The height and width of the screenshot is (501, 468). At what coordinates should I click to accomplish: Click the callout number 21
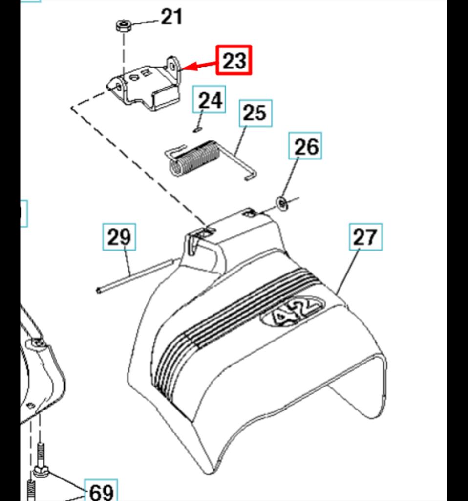pos(171,17)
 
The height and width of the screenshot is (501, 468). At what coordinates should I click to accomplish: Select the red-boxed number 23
pos(234,60)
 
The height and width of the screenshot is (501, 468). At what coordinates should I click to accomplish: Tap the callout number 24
pos(209,99)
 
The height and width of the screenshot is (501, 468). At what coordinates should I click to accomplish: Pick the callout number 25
pos(256,113)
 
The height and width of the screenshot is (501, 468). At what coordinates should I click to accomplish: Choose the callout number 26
pos(305,146)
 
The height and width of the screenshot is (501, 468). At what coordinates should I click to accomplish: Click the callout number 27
pos(365,237)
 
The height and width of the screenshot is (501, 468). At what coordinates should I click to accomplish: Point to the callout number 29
pos(119,237)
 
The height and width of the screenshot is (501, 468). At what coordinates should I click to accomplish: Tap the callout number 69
pos(101,491)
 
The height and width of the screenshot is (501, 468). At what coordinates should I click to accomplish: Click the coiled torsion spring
pos(194,158)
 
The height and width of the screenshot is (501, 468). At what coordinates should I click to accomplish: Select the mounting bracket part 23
pos(144,84)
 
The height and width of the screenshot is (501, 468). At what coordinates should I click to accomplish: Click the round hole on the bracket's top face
pos(134,78)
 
